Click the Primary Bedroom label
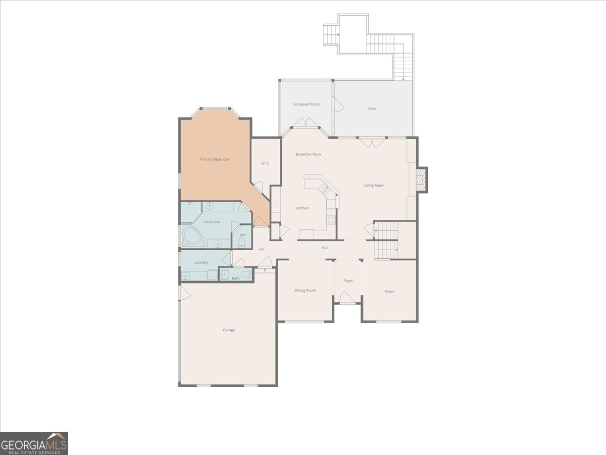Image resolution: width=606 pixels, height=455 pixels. [214, 159]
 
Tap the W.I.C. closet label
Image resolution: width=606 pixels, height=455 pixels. [266, 163]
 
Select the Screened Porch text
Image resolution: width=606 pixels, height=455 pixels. [307, 104]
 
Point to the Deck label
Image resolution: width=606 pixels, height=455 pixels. [372, 109]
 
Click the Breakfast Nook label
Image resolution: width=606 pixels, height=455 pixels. [309, 154]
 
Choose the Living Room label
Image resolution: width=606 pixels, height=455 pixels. [374, 186]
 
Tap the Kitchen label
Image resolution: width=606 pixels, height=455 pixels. [302, 208]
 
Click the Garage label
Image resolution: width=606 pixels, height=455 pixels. [229, 330]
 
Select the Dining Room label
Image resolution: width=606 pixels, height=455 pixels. [305, 290]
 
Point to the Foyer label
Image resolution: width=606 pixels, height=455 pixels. [348, 281]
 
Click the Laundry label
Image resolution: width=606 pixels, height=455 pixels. [201, 262]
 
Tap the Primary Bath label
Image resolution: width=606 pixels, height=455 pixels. [212, 222]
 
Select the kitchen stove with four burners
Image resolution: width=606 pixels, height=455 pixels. [331, 220]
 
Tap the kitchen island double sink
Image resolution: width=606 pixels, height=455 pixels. [324, 189]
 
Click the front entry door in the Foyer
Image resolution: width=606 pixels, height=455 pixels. [347, 297]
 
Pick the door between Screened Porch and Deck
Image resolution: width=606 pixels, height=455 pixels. [338, 105]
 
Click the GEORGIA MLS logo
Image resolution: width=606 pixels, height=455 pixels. [34, 444]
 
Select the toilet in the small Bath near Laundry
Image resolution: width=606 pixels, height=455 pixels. [245, 275]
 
